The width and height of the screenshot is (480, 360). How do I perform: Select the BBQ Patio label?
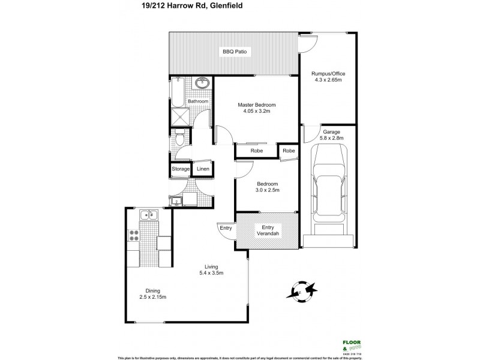coord(235,53)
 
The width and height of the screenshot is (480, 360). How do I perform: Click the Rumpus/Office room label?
coord(328,74)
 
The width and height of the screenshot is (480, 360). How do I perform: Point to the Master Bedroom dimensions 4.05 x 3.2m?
coord(256,112)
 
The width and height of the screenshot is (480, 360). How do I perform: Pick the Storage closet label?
coord(181,170)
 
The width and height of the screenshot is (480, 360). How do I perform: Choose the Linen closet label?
coord(203,170)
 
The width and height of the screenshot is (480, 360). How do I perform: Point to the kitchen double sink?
coord(146,214)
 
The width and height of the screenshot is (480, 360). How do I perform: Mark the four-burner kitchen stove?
coord(134,236)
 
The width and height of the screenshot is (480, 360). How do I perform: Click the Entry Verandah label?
coord(266,231)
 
